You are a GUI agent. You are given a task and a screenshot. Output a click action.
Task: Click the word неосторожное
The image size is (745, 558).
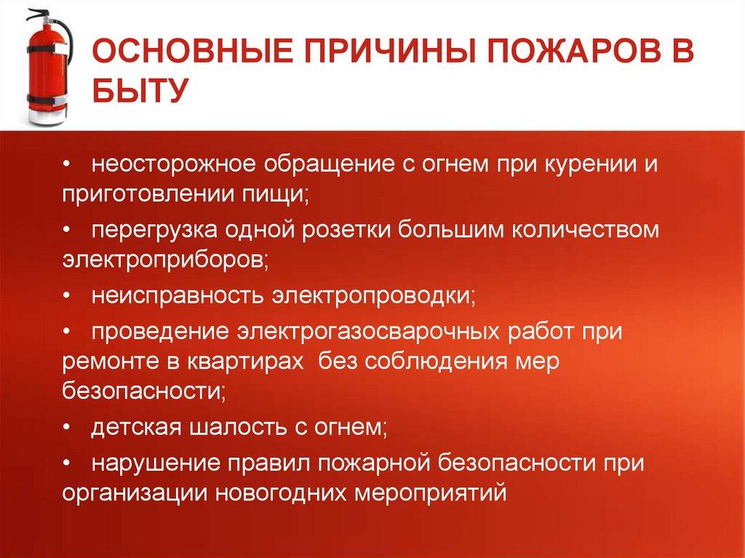tap(174, 164)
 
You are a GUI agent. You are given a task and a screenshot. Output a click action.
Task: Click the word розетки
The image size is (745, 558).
tap(346, 230)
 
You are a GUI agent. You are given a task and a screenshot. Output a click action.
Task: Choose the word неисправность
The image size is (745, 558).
tap(178, 295)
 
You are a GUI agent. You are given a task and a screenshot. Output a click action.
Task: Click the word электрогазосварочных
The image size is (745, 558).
tap(368, 331)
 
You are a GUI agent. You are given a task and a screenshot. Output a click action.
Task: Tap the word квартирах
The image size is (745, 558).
tap(246, 362)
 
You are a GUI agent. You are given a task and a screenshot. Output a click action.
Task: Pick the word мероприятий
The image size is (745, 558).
tap(431, 493)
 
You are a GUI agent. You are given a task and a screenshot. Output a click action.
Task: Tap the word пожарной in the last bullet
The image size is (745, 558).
tap(374, 463)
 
